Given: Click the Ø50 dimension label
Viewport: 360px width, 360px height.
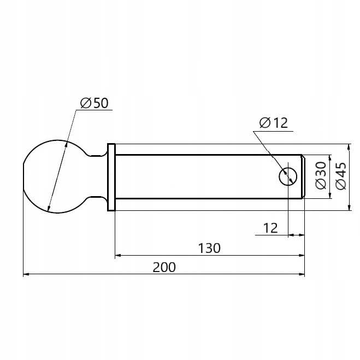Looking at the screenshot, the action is point(94,103).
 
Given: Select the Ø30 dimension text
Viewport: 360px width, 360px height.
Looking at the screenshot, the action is point(321,175).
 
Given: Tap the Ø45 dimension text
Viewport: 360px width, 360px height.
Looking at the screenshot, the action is point(341,176).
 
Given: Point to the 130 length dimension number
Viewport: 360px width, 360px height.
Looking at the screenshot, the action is point(209,248).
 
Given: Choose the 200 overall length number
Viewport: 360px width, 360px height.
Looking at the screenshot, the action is point(164,267).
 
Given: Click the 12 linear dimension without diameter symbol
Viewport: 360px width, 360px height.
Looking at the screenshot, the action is point(270,228).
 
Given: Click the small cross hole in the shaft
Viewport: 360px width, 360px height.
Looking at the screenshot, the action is point(288,176).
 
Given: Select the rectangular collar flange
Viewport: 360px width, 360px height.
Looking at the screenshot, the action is point(111,177).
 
